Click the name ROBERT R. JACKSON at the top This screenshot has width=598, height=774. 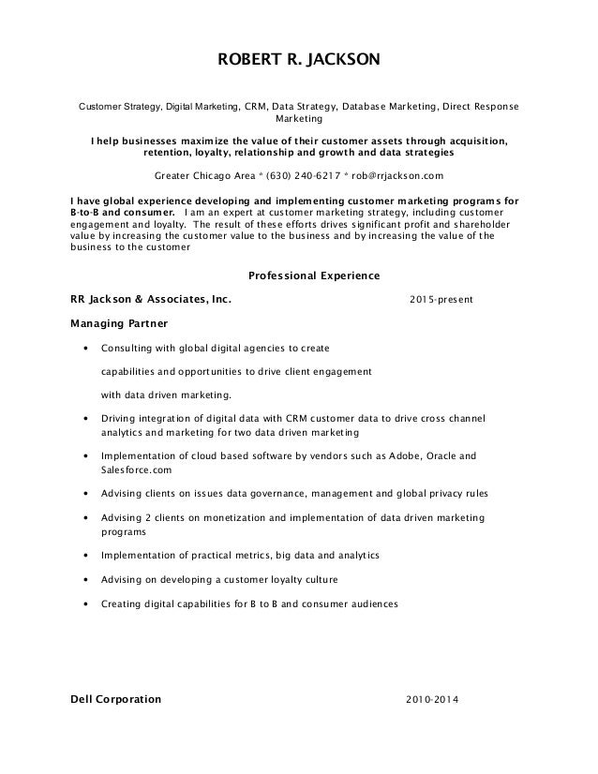pos(299,61)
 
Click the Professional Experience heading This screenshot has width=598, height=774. pos(312,275)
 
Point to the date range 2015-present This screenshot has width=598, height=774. pos(441,300)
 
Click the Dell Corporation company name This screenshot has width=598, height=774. pos(116,700)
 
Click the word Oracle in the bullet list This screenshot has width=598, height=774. pos(445,456)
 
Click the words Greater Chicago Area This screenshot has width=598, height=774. pos(196,175)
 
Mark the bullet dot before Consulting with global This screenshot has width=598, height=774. pos(86,348)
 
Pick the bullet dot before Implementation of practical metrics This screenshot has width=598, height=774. pos(86,556)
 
